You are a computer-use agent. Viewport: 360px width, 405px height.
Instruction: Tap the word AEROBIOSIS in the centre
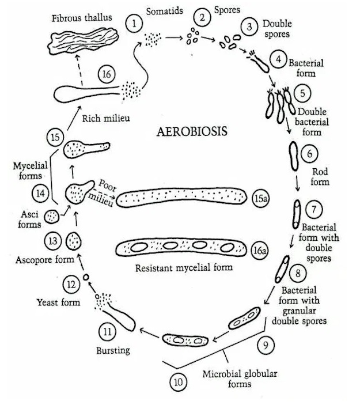tap(192, 131)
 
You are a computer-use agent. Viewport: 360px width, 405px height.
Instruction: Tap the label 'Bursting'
tap(113, 350)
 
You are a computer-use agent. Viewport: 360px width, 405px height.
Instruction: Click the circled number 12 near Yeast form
tap(71, 283)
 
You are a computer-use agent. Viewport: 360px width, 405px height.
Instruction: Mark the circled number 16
tap(108, 74)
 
